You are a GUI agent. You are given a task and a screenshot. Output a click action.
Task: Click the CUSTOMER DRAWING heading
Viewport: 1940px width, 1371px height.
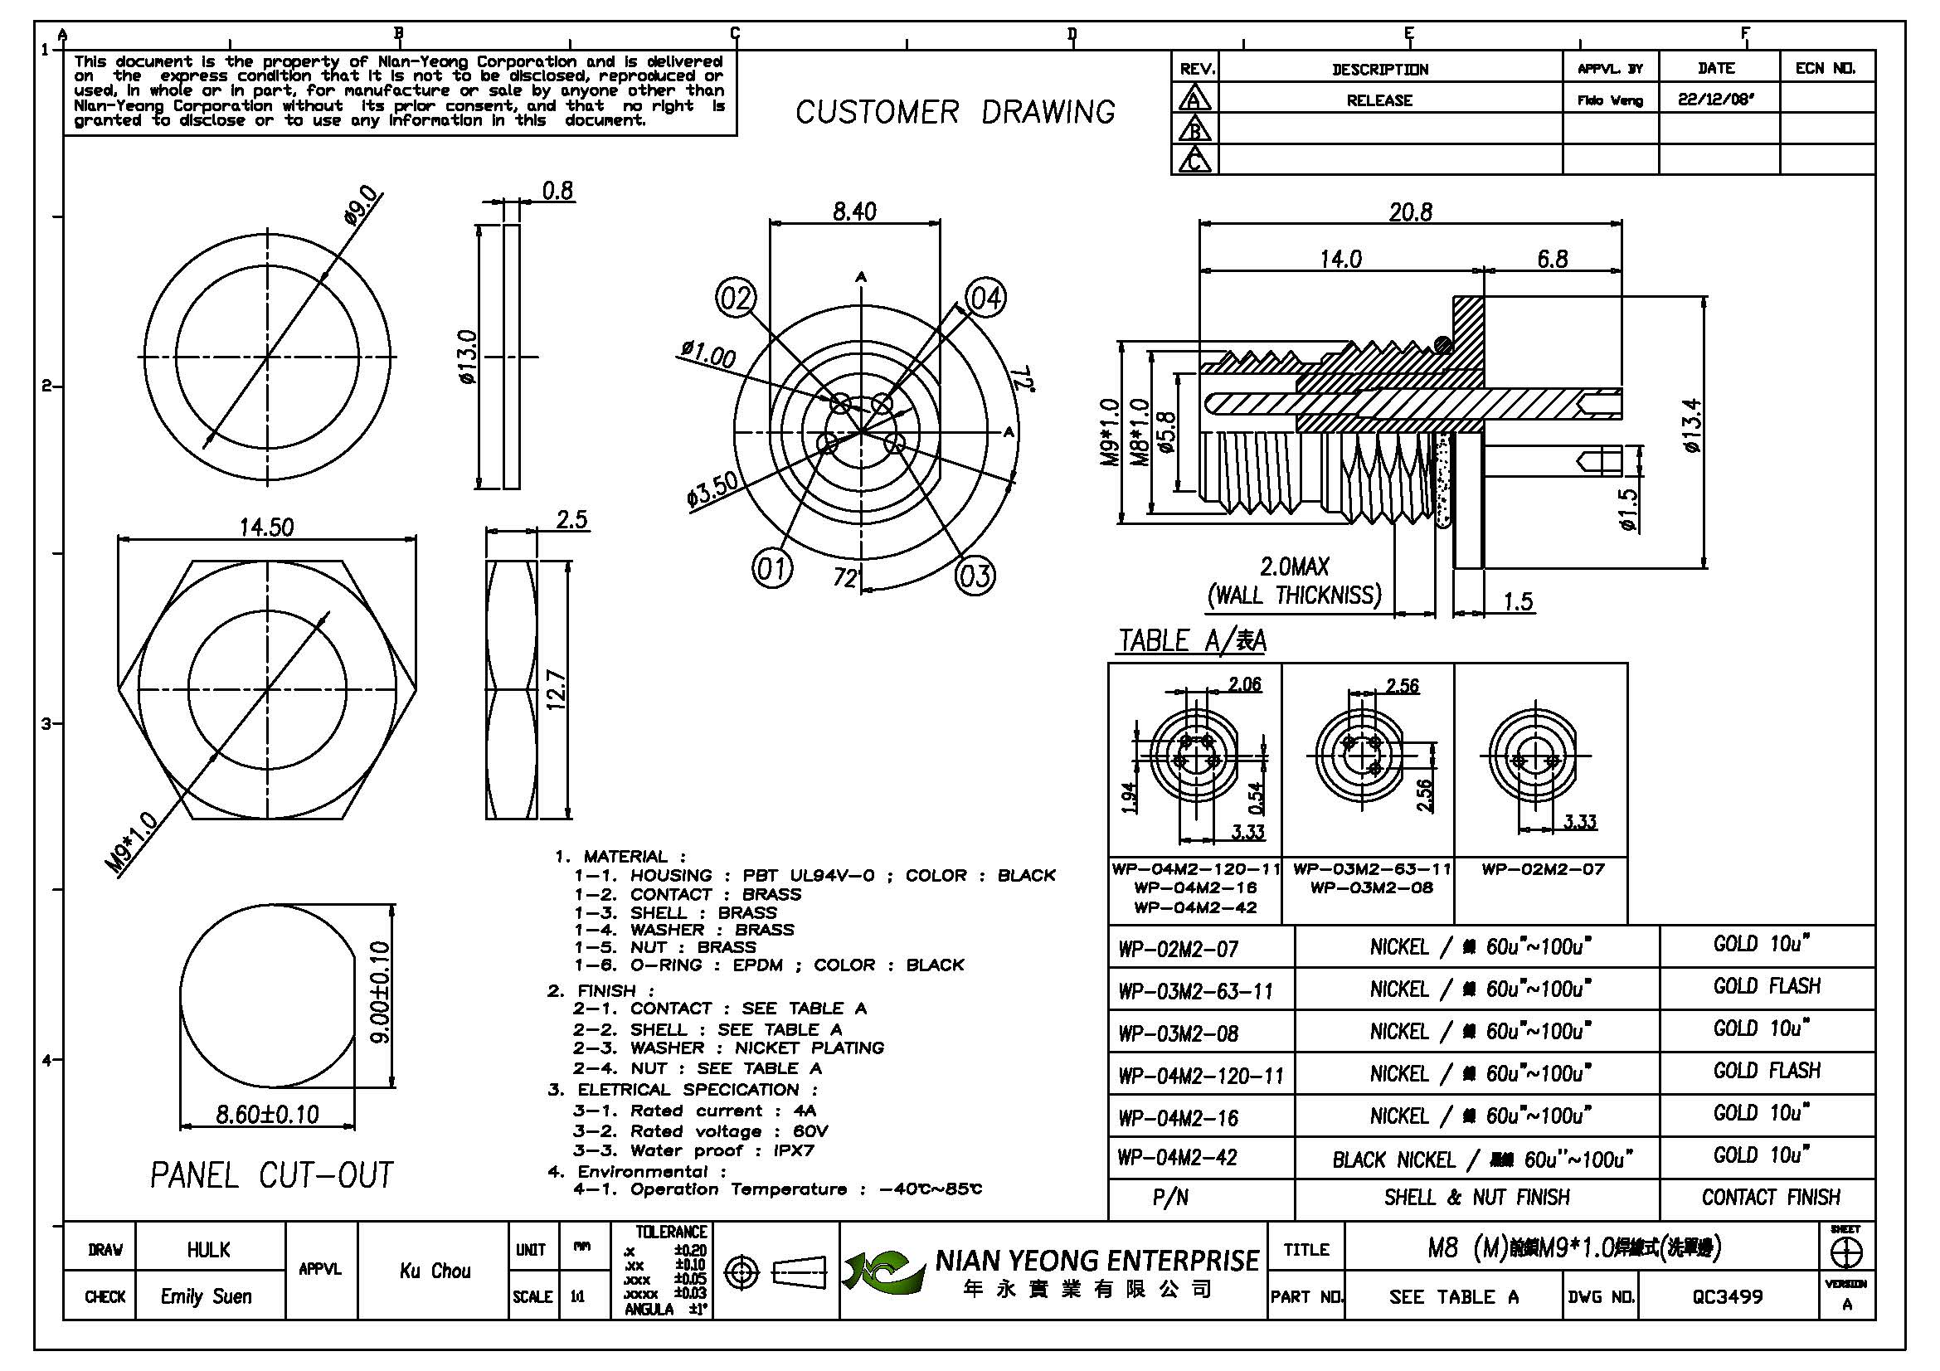[x=955, y=112]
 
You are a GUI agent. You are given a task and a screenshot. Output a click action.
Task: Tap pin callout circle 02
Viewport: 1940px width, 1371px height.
[x=736, y=299]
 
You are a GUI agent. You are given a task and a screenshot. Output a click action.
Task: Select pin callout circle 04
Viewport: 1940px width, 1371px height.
[x=985, y=298]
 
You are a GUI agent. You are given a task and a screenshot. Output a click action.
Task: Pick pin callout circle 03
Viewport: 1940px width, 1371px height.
[x=975, y=576]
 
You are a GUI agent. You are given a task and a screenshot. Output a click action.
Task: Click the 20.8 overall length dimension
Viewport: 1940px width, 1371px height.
[x=1410, y=212]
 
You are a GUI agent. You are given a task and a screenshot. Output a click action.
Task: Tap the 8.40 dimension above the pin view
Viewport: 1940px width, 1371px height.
[x=854, y=211]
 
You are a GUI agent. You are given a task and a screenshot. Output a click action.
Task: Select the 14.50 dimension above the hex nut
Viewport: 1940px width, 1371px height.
[x=266, y=528]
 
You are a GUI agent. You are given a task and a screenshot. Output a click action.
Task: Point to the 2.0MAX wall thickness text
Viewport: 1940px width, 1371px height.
[x=1295, y=566]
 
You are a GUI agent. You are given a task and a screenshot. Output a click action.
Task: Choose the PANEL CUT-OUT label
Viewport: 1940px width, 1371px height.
[x=271, y=1175]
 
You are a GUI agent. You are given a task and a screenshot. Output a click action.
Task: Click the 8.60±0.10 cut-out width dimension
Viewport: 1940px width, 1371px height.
[x=267, y=1115]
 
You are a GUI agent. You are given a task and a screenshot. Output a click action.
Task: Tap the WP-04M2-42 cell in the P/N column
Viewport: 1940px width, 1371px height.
[x=1177, y=1157]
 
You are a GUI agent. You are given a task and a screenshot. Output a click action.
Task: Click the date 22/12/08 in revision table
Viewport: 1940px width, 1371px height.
[x=1716, y=100]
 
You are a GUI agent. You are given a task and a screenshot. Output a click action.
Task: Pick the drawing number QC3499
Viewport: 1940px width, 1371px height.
[x=1727, y=1296]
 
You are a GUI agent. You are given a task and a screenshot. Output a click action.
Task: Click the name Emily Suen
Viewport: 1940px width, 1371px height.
[x=207, y=1296]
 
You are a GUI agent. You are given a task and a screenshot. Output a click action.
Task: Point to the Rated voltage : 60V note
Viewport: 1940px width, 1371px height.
[x=701, y=1131]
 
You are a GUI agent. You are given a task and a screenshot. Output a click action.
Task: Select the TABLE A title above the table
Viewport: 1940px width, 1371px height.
[x=1192, y=641]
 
